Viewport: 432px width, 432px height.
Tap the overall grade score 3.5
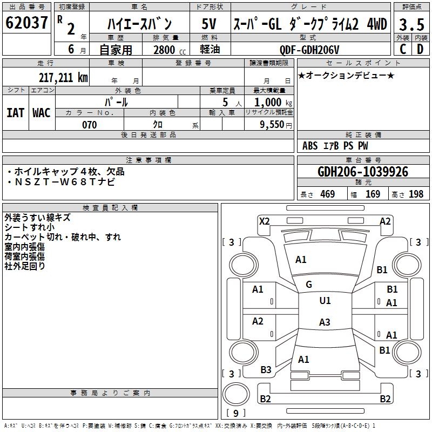tap(410, 24)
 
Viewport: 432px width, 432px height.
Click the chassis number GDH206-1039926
tap(363, 172)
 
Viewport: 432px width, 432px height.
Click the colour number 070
tap(89, 125)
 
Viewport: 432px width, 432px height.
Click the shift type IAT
tap(15, 112)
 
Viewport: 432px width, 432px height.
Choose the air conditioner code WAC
tap(41, 112)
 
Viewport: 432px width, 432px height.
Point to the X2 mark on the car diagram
tap(264, 221)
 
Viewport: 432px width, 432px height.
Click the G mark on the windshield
tap(309, 285)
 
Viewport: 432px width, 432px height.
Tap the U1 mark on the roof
tap(325, 301)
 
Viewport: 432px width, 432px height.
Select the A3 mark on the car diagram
tap(325, 322)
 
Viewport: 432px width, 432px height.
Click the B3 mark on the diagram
tap(266, 369)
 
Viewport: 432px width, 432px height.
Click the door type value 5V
tap(210, 24)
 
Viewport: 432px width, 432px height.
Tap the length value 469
tap(327, 194)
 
